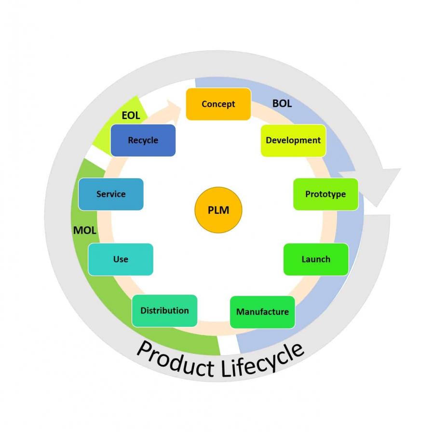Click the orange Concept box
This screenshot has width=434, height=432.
click(x=218, y=104)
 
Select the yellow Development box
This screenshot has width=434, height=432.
click(x=293, y=140)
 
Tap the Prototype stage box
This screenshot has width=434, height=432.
click(x=325, y=194)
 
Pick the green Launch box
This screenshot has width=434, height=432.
click(x=316, y=259)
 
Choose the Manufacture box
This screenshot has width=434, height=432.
click(x=262, y=312)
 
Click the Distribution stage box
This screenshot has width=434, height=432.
click(x=164, y=310)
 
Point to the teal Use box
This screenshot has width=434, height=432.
click(x=121, y=259)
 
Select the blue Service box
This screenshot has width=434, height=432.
click(x=111, y=194)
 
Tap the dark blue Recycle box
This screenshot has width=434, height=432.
click(x=143, y=140)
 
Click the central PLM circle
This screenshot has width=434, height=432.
click(x=218, y=210)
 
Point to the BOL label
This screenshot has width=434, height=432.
click(x=282, y=103)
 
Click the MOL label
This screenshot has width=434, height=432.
click(x=85, y=230)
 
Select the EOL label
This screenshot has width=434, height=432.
click(x=131, y=116)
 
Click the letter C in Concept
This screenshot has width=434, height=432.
click(x=204, y=104)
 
